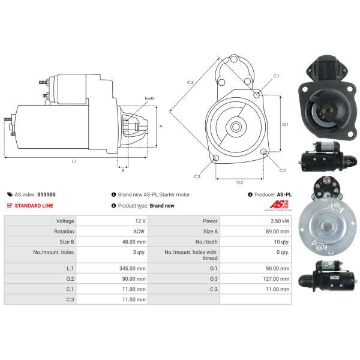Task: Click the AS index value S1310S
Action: click(46, 194)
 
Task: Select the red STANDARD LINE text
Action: click(34, 205)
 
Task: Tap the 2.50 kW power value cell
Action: click(256, 221)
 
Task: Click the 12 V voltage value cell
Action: click(112, 221)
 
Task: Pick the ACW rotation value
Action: click(139, 232)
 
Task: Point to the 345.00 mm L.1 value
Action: click(133, 268)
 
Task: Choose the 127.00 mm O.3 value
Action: click(276, 279)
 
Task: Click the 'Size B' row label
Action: click(67, 242)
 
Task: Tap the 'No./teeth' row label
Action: click(206, 242)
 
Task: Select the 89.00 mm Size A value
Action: click(278, 232)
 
